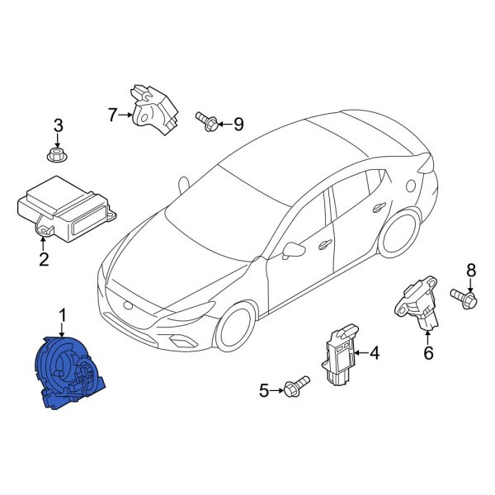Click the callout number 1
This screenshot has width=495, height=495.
pyautogui.click(x=63, y=317)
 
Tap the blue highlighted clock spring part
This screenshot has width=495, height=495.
pyautogui.click(x=69, y=373)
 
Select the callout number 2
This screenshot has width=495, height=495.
pyautogui.click(x=44, y=260)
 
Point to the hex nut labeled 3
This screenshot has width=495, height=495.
pyautogui.click(x=58, y=156)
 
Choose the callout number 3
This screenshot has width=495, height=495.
pyautogui.click(x=58, y=126)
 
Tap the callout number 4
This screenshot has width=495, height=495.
pyautogui.click(x=374, y=353)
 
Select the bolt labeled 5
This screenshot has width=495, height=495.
pyautogui.click(x=296, y=386)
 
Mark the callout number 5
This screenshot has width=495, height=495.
pyautogui.click(x=264, y=391)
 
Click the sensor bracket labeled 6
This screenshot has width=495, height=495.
pyautogui.click(x=417, y=303)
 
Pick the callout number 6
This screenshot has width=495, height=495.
pyautogui.click(x=428, y=353)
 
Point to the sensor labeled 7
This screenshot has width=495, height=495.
pyautogui.click(x=154, y=110)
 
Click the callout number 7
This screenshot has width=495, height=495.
pyautogui.click(x=112, y=115)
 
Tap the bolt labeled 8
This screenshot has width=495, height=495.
pyautogui.click(x=464, y=298)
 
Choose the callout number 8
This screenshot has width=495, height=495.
pyautogui.click(x=471, y=271)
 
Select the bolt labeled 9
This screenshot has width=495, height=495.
pyautogui.click(x=207, y=121)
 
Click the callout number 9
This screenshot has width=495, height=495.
pyautogui.click(x=238, y=124)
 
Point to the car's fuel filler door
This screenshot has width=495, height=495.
pyautogui.click(x=410, y=186)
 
